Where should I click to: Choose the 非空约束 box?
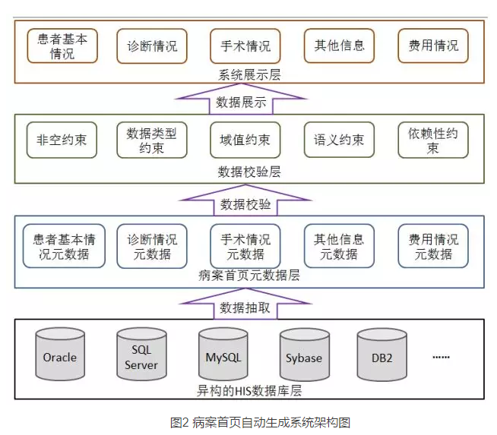pyautogui.click(x=62, y=140)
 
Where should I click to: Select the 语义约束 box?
pyautogui.click(x=339, y=140)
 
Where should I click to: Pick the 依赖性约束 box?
pyautogui.click(x=432, y=140)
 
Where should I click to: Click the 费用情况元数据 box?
pyautogui.click(x=433, y=246)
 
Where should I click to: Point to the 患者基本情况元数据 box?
pyautogui.click(x=62, y=246)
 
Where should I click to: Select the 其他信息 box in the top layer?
pyautogui.click(x=339, y=46)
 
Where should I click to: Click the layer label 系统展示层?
pyautogui.click(x=248, y=74)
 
